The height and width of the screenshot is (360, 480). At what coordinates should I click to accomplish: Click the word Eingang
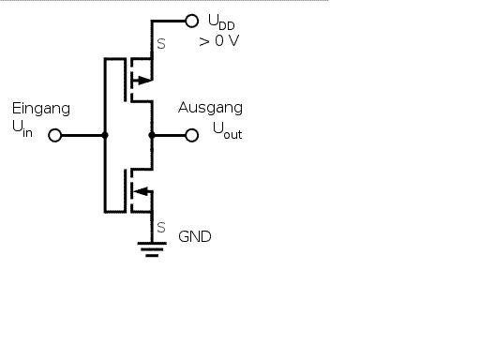(x=41, y=110)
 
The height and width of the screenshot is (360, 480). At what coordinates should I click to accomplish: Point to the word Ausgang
(x=210, y=108)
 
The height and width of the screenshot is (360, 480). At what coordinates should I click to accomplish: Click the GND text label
(x=195, y=236)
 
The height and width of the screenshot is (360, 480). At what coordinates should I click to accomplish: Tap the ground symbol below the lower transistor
(x=152, y=249)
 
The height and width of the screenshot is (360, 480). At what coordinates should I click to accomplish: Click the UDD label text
(x=221, y=22)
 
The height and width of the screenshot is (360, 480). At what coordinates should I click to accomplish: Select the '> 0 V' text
(x=219, y=41)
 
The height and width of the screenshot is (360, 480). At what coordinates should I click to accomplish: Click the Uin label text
(x=22, y=129)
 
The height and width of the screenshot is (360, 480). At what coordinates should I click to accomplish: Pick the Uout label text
(x=227, y=131)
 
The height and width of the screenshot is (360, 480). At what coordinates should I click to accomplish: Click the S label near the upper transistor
(x=161, y=44)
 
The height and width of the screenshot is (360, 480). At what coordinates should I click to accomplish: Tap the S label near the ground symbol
(x=161, y=228)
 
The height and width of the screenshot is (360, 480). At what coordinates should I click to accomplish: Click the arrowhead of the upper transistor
(x=143, y=80)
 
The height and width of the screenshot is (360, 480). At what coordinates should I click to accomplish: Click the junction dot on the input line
(x=105, y=135)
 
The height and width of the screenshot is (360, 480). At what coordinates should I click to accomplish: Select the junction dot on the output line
(x=152, y=135)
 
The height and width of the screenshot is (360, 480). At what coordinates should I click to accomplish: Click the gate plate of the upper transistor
(x=126, y=80)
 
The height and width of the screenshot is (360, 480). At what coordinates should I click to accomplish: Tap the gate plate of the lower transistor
(x=126, y=191)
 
